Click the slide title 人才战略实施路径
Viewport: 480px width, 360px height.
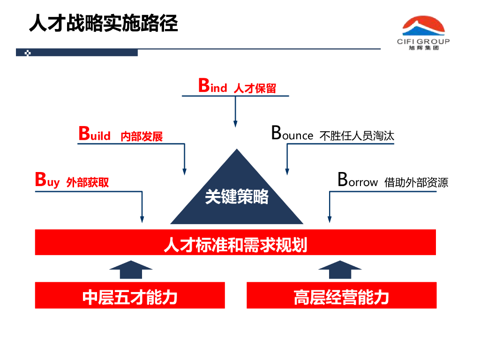point(103,23)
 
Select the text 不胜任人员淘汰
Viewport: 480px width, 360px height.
point(357,136)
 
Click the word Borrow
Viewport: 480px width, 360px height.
point(357,181)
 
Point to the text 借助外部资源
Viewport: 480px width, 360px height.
point(416,182)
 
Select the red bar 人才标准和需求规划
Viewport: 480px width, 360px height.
point(235,243)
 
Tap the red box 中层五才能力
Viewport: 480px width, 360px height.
point(130,296)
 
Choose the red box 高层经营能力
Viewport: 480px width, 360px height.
point(341,296)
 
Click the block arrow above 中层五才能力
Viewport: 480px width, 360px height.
point(131,270)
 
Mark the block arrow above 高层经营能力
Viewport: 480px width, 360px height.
point(340,270)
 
